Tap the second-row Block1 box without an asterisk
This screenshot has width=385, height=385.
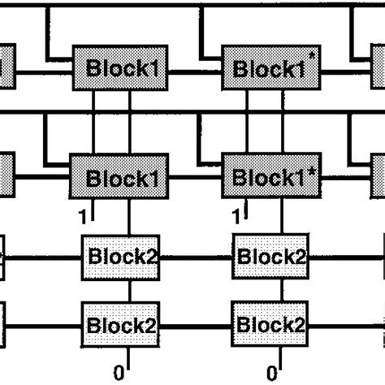(x=122, y=177)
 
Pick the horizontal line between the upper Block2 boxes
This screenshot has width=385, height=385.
(x=197, y=258)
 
